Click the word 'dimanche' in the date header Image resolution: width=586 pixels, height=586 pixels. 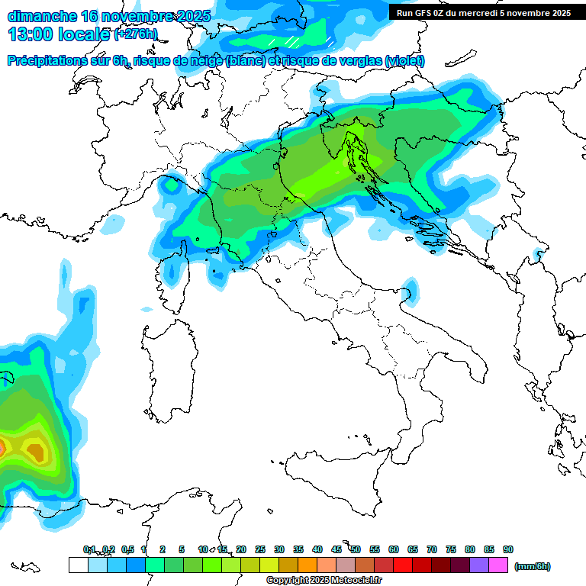(38, 16)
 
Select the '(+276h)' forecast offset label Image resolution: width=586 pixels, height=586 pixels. (136, 34)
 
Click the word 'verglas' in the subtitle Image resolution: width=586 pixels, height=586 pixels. (359, 61)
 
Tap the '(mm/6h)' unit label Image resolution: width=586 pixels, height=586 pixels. (532, 566)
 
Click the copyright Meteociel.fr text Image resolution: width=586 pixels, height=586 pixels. (324, 581)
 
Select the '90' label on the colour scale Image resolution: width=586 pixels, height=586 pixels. (508, 549)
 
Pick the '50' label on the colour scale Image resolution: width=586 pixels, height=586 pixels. (356, 549)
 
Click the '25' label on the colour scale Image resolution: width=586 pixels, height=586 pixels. (260, 549)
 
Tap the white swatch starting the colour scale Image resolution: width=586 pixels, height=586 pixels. (78, 565)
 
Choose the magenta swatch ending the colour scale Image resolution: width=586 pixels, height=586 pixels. (498, 565)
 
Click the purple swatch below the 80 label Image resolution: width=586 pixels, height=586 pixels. (479, 565)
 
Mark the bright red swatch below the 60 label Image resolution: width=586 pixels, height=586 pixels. (403, 565)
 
